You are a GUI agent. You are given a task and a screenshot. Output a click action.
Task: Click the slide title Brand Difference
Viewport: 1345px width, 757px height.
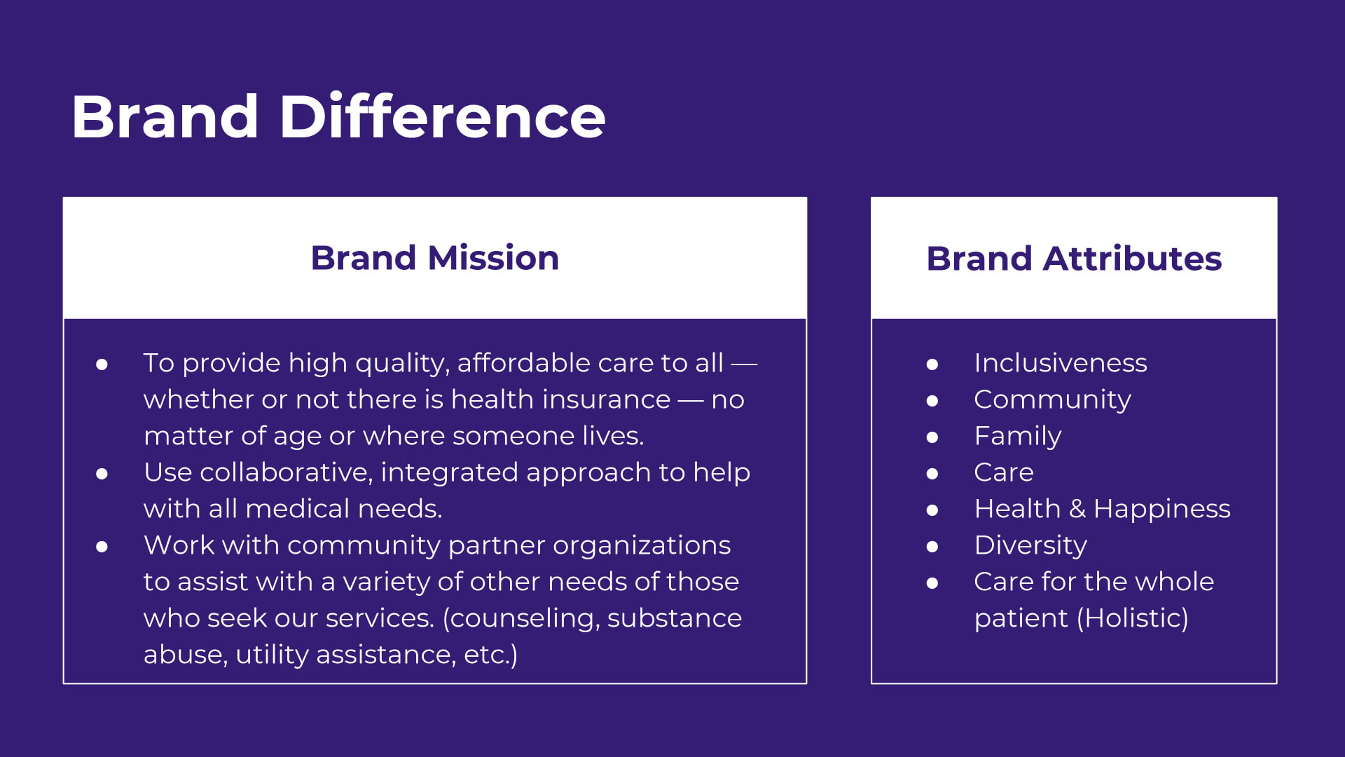tap(338, 116)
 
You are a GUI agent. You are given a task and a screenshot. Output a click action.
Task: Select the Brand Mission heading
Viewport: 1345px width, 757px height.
tap(435, 258)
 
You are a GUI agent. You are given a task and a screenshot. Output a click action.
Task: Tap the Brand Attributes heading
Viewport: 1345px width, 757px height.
tap(1074, 258)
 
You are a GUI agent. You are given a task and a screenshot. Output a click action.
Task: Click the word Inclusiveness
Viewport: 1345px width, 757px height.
tap(1061, 363)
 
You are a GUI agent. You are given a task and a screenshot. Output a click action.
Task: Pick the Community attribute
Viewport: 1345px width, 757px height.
tap(1052, 400)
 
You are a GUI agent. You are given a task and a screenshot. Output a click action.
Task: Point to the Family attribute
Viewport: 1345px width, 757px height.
tap(1018, 437)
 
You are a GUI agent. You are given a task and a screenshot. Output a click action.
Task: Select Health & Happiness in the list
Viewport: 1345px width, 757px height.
tap(1102, 509)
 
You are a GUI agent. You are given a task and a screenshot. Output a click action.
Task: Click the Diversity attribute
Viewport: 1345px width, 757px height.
tap(1030, 545)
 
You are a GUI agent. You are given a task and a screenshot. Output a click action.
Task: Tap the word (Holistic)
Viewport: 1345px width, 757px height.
tap(1132, 618)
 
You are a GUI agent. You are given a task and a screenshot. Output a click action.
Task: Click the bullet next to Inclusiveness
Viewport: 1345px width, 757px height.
tap(932, 364)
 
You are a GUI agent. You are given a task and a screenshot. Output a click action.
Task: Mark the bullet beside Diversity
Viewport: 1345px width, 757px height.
tap(932, 547)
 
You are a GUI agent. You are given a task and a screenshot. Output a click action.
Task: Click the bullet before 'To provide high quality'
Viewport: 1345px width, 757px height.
tap(102, 364)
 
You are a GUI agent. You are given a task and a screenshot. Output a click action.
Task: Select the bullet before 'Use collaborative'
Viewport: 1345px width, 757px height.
tap(102, 474)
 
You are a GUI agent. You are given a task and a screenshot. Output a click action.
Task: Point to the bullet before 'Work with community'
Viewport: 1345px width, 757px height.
tap(102, 547)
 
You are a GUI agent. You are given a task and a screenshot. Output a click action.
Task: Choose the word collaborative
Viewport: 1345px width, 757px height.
tap(286, 472)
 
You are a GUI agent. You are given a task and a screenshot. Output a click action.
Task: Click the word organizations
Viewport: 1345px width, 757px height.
tap(642, 546)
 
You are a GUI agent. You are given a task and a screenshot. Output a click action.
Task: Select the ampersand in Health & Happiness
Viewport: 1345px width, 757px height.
tap(1077, 509)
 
